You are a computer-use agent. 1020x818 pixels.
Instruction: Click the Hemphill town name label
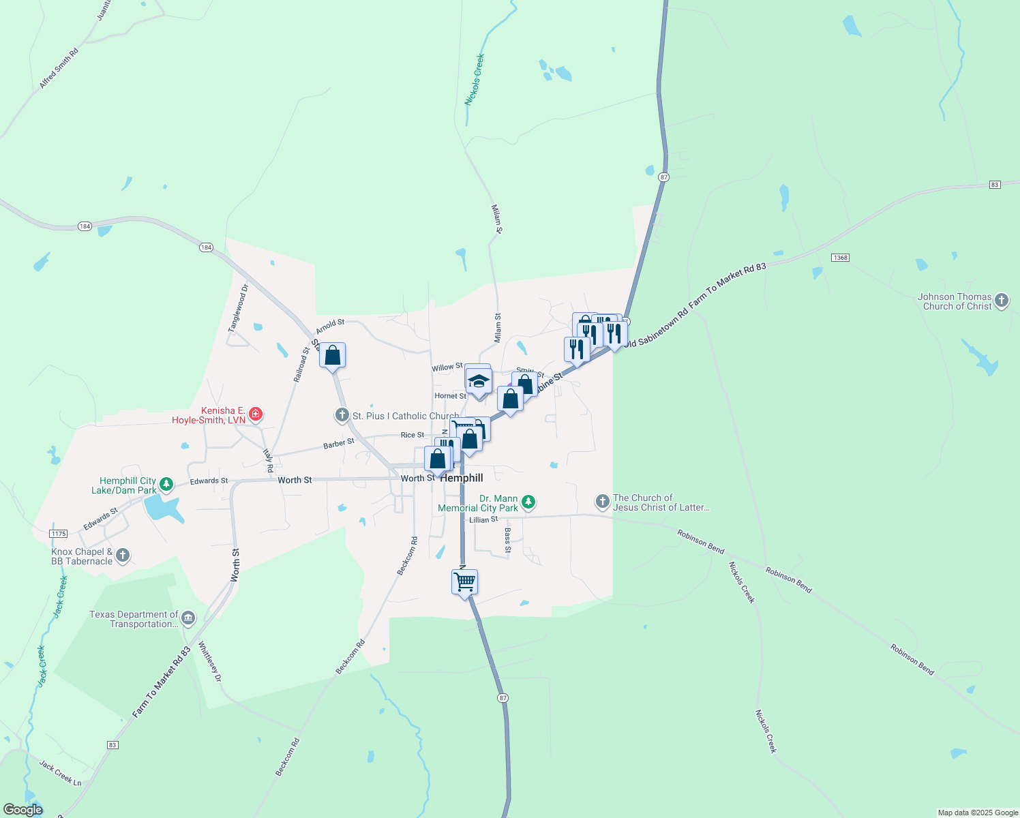point(462,478)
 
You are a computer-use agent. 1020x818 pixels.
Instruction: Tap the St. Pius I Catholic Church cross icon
point(342,415)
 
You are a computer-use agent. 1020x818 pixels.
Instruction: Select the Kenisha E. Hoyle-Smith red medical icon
point(256,414)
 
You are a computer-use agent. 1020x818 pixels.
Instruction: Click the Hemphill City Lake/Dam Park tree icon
point(166,485)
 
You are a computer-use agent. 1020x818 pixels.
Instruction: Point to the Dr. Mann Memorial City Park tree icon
point(528,503)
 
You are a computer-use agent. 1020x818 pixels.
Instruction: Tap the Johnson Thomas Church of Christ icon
point(1001,300)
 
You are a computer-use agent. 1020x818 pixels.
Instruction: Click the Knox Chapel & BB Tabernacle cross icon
point(123,556)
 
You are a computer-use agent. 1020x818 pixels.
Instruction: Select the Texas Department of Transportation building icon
point(188,618)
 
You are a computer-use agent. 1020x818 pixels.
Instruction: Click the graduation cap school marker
point(479,382)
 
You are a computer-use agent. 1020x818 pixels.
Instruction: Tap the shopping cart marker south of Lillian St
point(464,583)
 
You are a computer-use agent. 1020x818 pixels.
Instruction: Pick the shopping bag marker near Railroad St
point(332,355)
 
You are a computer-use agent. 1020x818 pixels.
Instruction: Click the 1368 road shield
point(840,258)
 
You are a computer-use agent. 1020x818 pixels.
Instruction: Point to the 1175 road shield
point(59,533)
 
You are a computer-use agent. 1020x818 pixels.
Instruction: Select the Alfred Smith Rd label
point(59,68)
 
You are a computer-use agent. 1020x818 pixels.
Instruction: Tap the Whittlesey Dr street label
point(210,661)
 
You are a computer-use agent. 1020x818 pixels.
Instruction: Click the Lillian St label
point(483,519)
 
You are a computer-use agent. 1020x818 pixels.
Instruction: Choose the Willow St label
point(447,367)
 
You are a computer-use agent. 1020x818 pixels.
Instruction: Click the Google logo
point(22,810)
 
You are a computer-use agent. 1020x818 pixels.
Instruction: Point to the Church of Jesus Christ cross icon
point(602,502)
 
